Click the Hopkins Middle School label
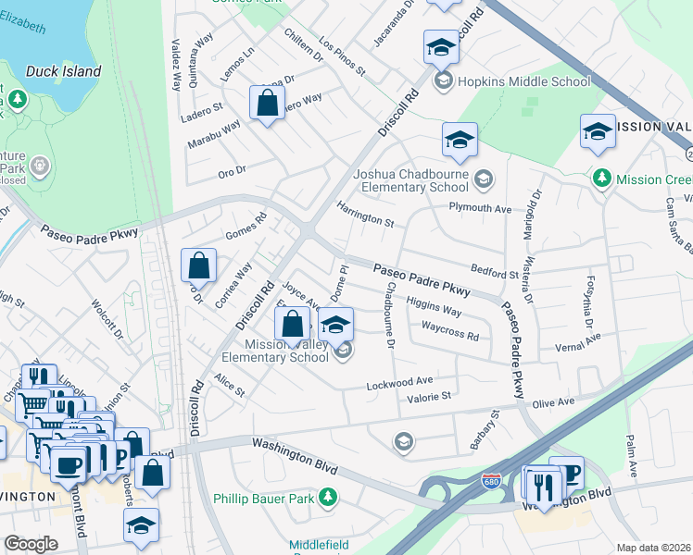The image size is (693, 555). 523,81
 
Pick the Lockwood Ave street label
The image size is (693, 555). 400,382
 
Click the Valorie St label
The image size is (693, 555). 428,397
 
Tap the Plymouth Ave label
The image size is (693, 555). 480,209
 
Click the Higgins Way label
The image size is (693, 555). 434,307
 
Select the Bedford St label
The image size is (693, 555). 494,274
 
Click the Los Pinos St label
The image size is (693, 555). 343,57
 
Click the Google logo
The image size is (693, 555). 31,544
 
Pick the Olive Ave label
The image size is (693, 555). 552,402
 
